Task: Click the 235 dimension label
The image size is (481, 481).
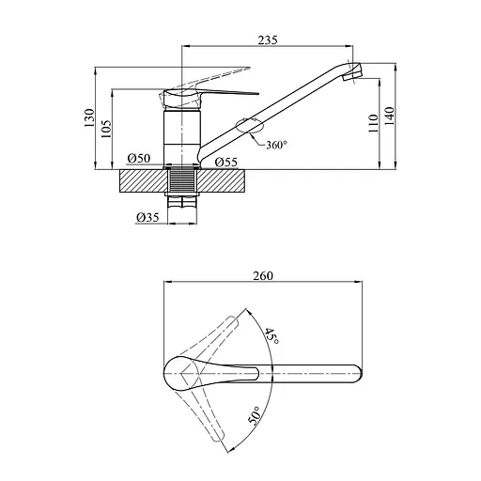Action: (268, 40)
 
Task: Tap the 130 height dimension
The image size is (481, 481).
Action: (89, 117)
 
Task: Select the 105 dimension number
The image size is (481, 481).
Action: (106, 129)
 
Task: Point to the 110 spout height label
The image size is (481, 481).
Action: (373, 123)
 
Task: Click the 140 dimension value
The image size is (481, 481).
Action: (389, 116)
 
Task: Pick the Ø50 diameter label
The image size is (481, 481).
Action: (139, 158)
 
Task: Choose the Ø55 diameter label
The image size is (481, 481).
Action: (226, 162)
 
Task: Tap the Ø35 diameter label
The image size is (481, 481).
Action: (147, 217)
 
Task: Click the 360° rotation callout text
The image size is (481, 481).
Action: (277, 145)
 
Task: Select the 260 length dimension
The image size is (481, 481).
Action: (263, 276)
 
